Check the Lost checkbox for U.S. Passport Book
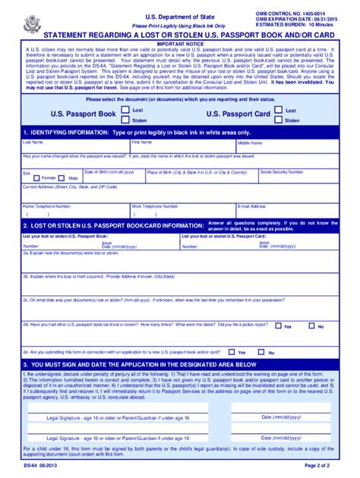[x=125, y=110]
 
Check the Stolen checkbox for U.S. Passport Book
[x=125, y=120]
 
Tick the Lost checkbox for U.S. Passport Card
[x=279, y=110]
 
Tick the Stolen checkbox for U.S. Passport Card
[x=279, y=120]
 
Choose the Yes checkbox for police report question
[x=278, y=326]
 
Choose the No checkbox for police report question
[x=311, y=326]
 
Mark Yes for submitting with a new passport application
[x=232, y=352]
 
